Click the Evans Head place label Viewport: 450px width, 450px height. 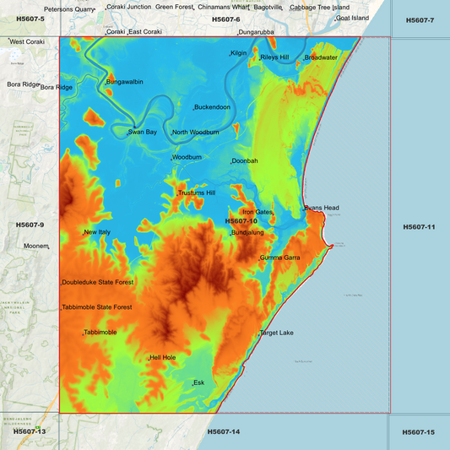322,208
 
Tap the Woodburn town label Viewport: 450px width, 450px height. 187,157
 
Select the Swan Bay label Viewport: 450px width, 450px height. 143,132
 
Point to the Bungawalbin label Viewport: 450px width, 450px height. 125,82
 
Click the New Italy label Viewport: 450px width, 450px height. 97,232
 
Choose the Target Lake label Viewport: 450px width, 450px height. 277,333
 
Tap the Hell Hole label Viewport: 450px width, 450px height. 162,358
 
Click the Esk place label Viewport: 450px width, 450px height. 199,382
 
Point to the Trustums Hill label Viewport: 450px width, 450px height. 197,193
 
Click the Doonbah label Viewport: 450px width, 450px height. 245,160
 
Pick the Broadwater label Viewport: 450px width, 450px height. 321,57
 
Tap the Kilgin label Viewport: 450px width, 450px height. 239,53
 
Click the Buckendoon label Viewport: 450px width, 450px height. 212,107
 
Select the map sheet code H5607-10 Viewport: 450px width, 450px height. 241,221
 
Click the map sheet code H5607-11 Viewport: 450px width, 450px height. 419,226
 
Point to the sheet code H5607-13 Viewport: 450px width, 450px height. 29,431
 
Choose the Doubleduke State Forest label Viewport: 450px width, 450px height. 97,282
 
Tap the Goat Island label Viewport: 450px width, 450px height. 353,18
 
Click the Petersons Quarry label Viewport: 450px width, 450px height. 70,9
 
